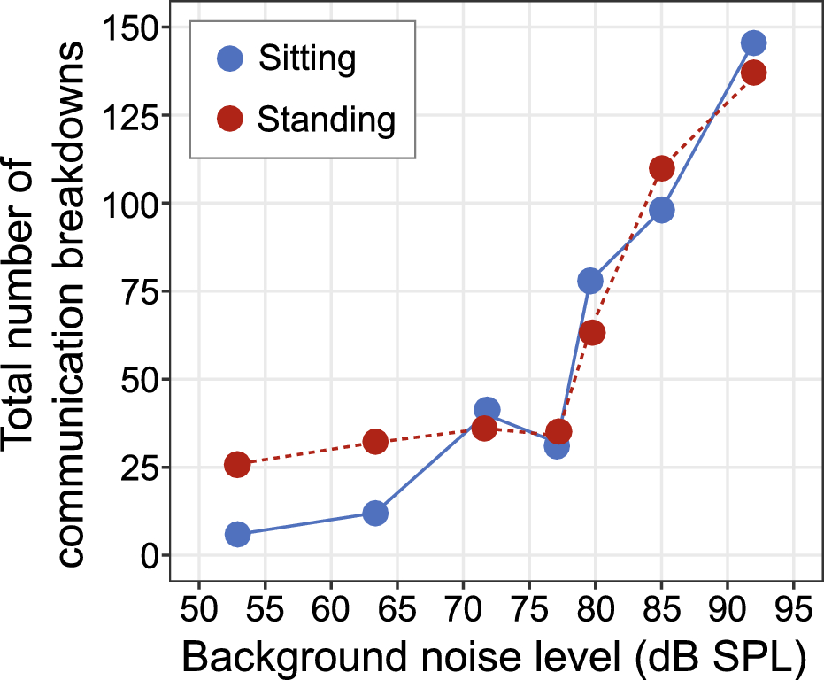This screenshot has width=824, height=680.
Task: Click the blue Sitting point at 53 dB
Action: tap(237, 534)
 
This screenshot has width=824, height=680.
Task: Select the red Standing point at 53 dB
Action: tap(237, 465)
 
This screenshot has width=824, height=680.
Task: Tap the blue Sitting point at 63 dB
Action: tap(375, 514)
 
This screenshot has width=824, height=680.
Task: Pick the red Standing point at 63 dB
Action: tap(375, 441)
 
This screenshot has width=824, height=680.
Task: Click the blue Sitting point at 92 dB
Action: tap(754, 42)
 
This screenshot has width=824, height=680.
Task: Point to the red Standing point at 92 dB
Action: tap(754, 73)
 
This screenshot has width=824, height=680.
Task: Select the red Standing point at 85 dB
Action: tap(662, 168)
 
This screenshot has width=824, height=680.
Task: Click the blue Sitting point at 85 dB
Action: tap(662, 210)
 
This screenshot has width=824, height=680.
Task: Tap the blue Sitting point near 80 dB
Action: tap(590, 281)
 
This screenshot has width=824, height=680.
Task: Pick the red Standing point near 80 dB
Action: tap(592, 333)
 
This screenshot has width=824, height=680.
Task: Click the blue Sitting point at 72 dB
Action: tap(487, 409)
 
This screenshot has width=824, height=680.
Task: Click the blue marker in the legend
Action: tap(230, 60)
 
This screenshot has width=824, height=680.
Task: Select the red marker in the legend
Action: tap(230, 118)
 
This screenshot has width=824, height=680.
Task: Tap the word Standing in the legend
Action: tap(327, 119)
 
